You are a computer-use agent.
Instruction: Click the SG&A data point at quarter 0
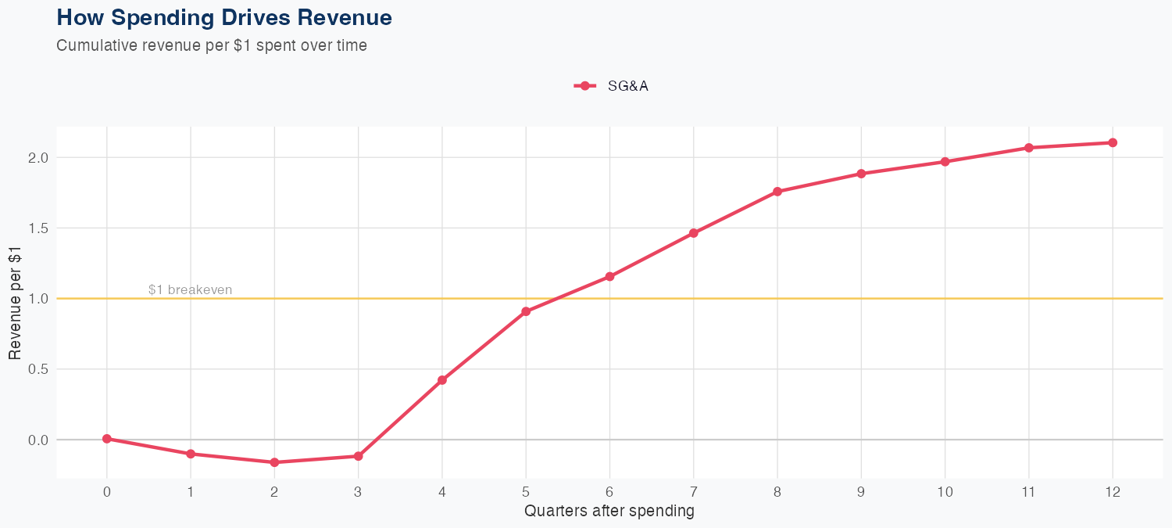(107, 439)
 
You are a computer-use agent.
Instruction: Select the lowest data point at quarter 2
(274, 462)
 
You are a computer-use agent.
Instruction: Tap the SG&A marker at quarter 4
(442, 380)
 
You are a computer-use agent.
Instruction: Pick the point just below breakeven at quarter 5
(526, 311)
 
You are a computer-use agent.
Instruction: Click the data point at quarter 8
(777, 192)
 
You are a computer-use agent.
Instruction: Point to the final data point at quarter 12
(1113, 142)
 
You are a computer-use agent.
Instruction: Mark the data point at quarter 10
(945, 162)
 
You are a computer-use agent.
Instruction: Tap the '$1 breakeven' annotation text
(190, 290)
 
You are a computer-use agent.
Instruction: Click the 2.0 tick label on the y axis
(38, 157)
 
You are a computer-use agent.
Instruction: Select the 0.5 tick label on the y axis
(38, 369)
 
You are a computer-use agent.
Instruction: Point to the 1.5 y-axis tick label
(38, 228)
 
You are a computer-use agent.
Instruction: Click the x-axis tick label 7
(693, 492)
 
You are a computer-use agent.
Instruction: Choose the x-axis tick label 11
(1028, 492)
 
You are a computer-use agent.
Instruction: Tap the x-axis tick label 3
(358, 492)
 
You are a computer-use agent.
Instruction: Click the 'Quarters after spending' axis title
(609, 512)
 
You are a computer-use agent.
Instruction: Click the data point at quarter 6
(609, 276)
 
